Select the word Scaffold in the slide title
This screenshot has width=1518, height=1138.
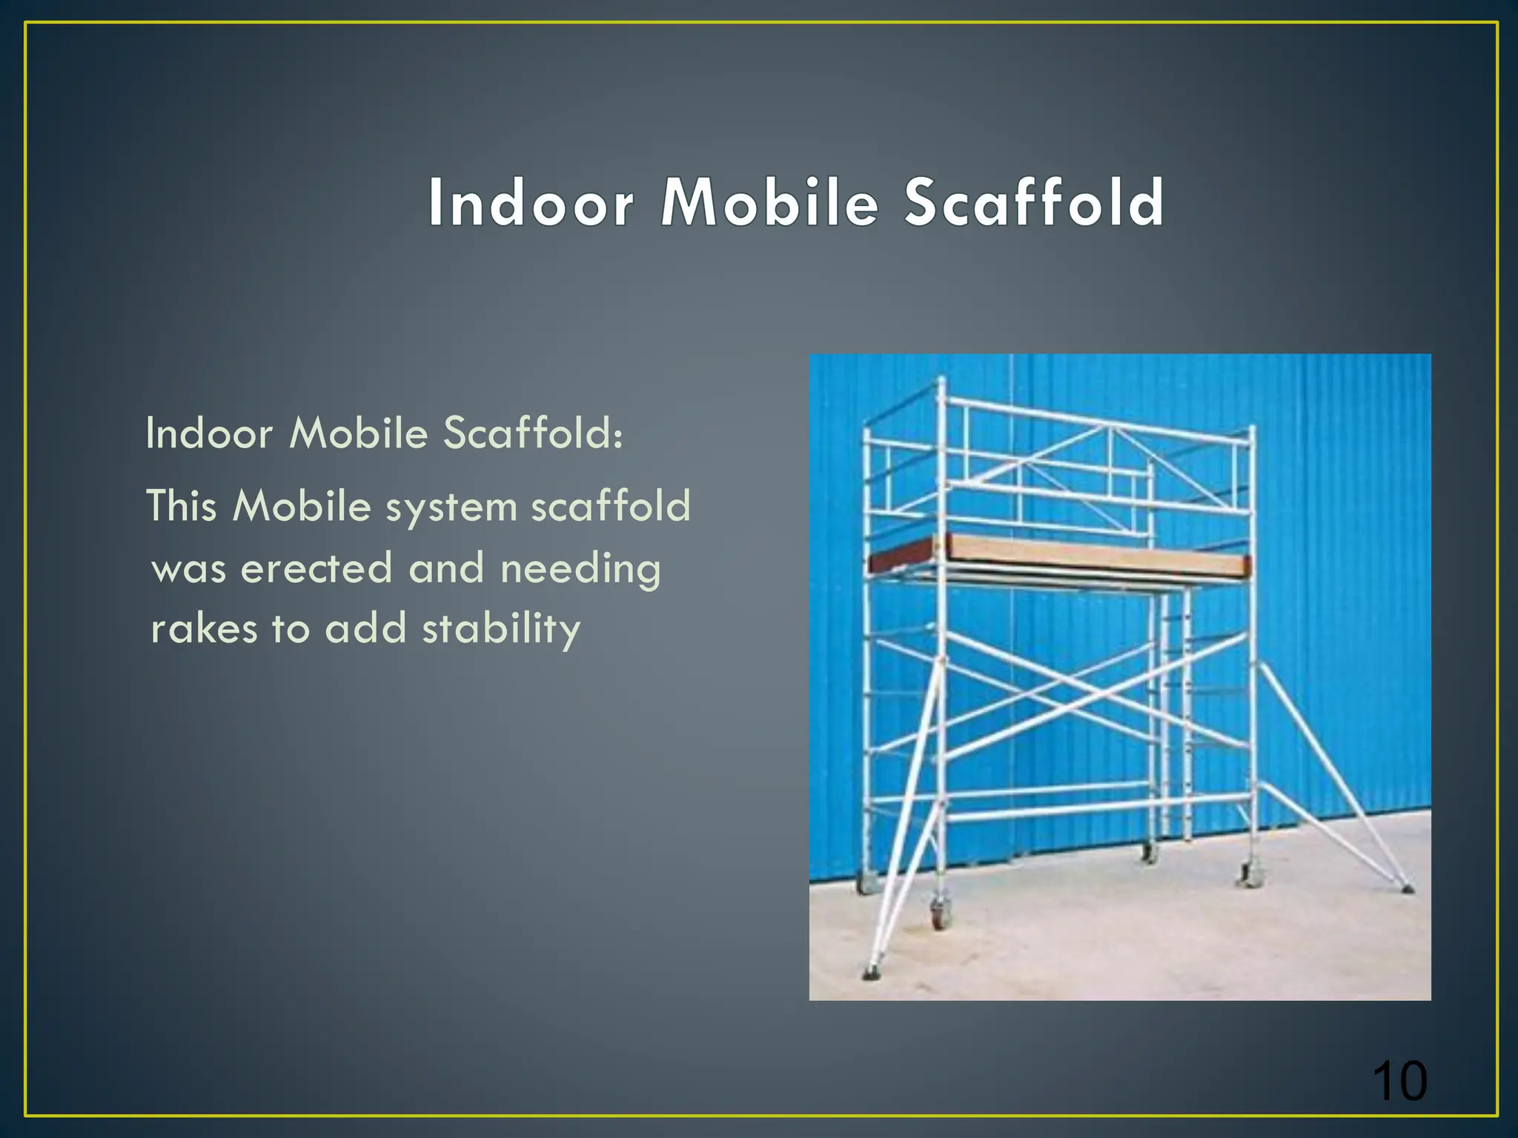coord(1034,202)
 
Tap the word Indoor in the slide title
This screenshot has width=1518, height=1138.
coord(531,202)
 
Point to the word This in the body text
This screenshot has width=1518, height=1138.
coord(182,507)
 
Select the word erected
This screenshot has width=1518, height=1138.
coord(316,569)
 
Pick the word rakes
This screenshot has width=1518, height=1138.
coord(204,629)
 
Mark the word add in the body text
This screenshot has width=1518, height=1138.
coord(365,629)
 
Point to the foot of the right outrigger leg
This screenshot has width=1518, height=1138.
coord(1406,887)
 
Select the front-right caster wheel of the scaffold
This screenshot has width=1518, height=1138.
coord(1248,877)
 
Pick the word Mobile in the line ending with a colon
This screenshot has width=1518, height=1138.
coord(359,433)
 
